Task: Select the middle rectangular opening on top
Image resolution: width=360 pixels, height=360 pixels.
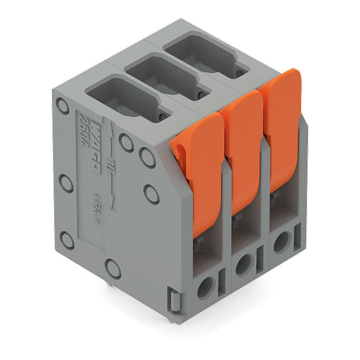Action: tap(163, 74)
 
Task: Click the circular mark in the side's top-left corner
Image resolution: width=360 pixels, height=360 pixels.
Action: tap(62, 105)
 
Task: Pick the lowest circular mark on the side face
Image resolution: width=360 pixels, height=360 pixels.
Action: tap(113, 269)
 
